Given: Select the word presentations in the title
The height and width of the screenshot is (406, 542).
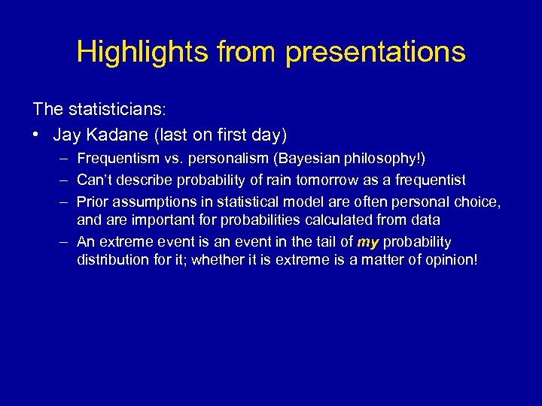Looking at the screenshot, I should (376, 52).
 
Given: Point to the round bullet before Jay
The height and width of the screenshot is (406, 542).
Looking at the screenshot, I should (38, 135).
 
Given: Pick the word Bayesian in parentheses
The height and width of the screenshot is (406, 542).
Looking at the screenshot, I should (297, 158).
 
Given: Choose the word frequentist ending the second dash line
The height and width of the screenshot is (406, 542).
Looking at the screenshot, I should (431, 180).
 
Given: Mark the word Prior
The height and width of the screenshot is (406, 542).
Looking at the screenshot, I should (92, 201).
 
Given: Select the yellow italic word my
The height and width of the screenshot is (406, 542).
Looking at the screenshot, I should (368, 241).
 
